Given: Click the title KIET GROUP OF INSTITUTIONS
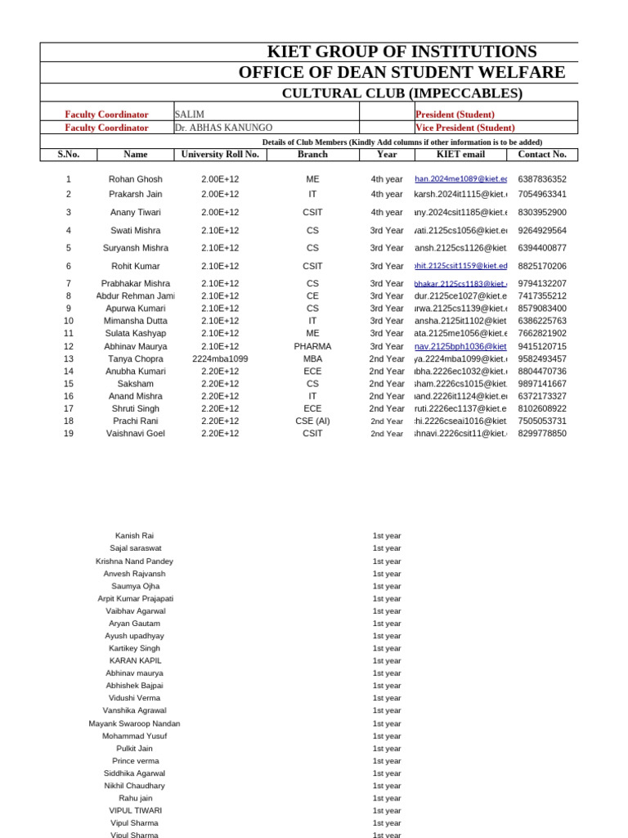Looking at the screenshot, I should point(401,52).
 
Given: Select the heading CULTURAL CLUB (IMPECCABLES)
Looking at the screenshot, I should point(401,93).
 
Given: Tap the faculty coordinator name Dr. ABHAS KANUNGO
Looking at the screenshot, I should point(224,128).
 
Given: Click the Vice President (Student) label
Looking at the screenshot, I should point(465,128).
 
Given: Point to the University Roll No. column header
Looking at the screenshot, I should point(220,154).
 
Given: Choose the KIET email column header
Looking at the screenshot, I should point(460,154).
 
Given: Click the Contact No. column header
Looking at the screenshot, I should point(541,154).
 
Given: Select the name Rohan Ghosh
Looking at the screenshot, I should point(135,179).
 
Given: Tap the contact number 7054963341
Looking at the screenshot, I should point(541,194).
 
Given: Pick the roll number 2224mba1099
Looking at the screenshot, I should point(220,358).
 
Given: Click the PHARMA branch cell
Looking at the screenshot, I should point(312,346).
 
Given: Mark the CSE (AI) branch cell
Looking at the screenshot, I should point(312,421).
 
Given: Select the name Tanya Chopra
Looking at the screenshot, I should point(135,358).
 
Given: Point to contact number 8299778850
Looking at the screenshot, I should point(541,434).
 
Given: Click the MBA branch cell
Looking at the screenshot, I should point(312,358).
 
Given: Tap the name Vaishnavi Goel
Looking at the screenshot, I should point(135,434).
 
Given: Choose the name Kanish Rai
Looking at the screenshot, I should point(134,535).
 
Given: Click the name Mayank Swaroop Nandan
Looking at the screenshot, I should point(134,723).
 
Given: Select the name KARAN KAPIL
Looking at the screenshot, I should point(134,660).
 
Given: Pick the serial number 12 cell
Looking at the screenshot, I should point(69,346).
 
